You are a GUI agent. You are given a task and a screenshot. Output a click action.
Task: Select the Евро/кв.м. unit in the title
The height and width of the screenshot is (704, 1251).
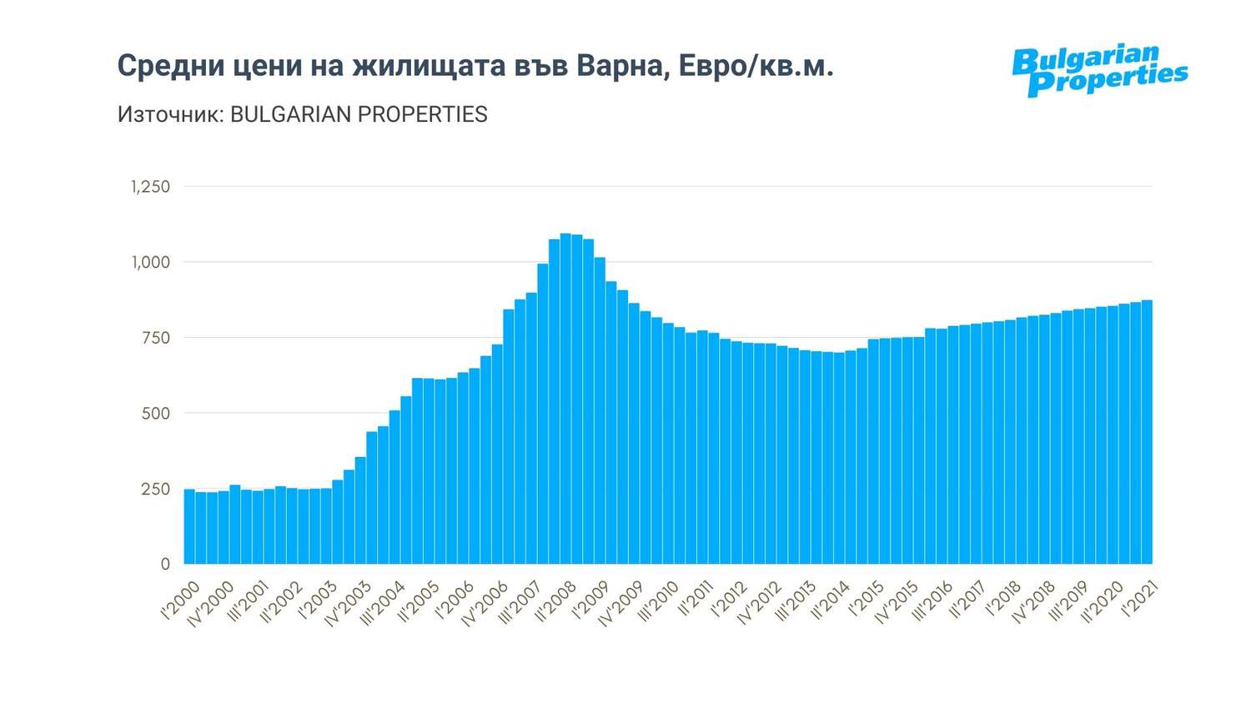pyautogui.click(x=756, y=65)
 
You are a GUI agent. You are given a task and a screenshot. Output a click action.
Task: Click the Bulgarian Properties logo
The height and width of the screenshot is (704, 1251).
pyautogui.click(x=1098, y=70)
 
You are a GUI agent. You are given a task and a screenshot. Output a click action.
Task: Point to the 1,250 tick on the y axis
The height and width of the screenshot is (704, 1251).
pyautogui.click(x=150, y=187)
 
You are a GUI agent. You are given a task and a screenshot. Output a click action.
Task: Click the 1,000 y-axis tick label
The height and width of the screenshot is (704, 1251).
pyautogui.click(x=150, y=262)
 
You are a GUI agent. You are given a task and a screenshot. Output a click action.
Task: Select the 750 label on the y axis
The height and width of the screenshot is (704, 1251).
pyautogui.click(x=155, y=338)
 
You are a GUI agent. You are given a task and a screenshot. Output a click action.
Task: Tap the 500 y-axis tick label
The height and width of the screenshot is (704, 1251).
pyautogui.click(x=155, y=413)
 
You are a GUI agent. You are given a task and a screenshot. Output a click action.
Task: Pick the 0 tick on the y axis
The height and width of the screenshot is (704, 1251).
pyautogui.click(x=164, y=564)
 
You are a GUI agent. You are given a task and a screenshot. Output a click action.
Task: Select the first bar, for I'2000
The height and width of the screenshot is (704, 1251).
pyautogui.click(x=189, y=526)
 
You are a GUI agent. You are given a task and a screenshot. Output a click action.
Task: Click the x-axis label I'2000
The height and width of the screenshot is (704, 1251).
pyautogui.click(x=179, y=601)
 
